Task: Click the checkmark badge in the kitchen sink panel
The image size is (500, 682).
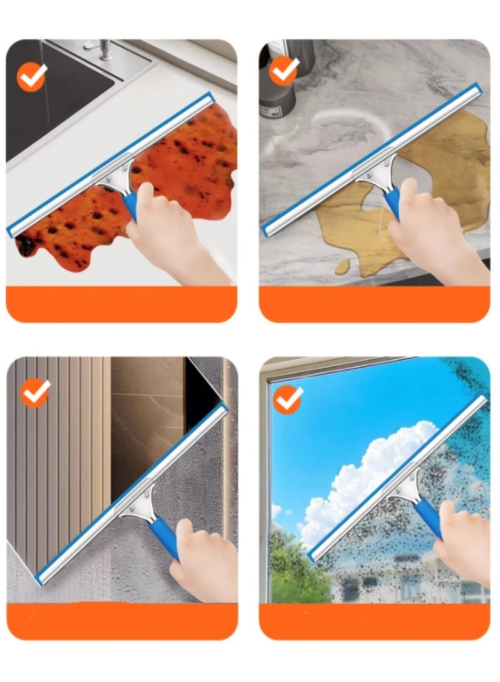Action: [x=31, y=76]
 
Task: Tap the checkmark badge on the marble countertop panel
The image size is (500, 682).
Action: [x=284, y=71]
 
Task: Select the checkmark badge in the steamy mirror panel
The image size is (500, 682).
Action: [x=35, y=393]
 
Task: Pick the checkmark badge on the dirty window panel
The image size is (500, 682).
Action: [x=288, y=398]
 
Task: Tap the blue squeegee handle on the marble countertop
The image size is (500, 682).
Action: [x=391, y=201]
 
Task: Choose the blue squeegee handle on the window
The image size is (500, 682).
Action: [x=427, y=516]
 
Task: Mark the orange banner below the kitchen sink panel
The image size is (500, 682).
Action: [x=121, y=304]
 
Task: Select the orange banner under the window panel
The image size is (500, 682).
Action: [x=374, y=621]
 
